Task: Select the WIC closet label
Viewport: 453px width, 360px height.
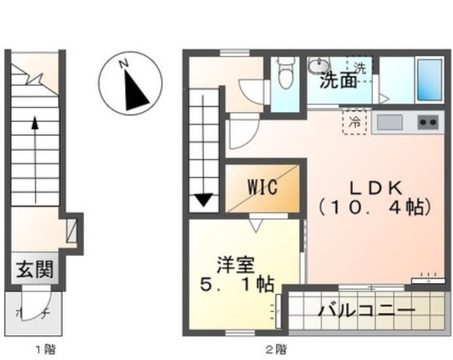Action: [263, 187]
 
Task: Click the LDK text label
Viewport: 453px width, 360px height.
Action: [375, 187]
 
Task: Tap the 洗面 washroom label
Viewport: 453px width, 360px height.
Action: [338, 81]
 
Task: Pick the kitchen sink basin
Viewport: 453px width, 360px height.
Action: [389, 122]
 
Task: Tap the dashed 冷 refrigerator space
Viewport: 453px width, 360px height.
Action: [354, 122]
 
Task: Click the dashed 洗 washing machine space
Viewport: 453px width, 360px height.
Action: [359, 67]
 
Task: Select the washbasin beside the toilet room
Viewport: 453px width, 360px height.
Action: [319, 66]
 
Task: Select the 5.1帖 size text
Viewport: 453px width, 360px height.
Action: [236, 285]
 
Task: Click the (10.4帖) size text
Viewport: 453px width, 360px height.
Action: [375, 208]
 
